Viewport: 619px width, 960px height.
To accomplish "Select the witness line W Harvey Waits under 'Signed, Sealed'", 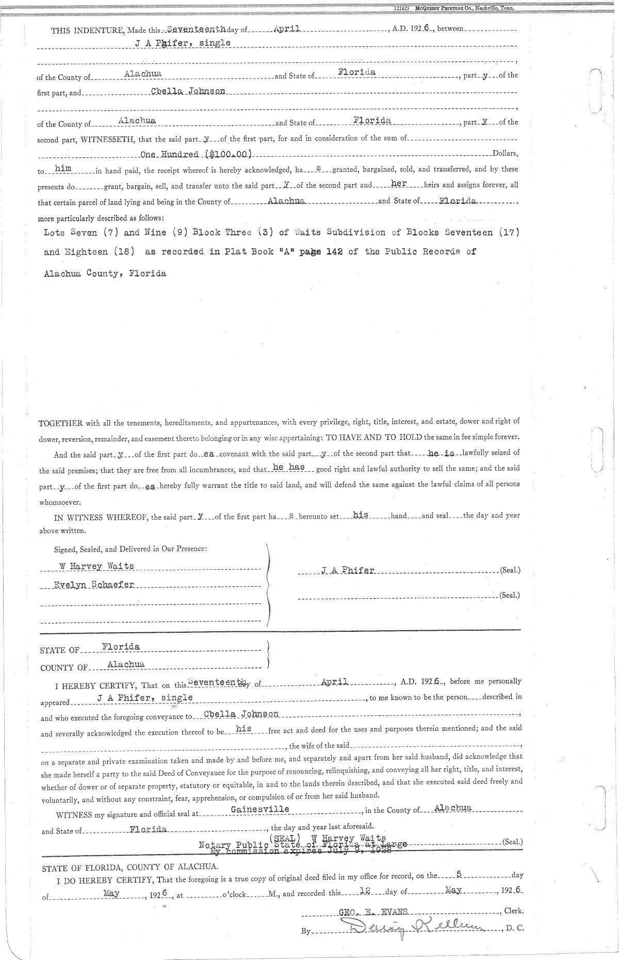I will (x=96, y=566).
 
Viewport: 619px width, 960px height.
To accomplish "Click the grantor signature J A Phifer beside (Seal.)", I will (x=348, y=570).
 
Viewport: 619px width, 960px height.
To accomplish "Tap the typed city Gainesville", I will (x=259, y=809).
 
